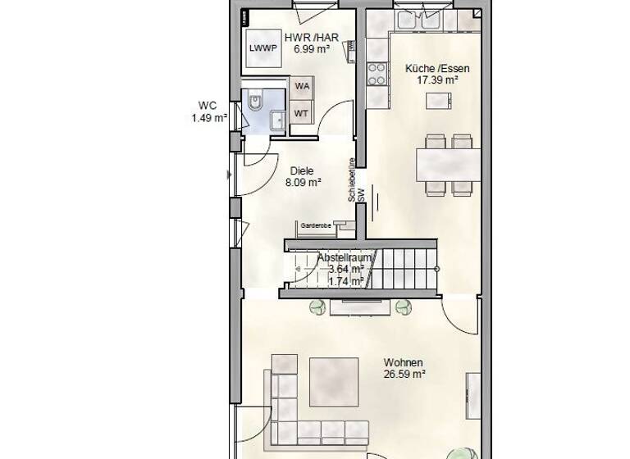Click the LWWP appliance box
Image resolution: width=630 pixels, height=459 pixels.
263,48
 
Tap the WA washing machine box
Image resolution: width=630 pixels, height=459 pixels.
302,86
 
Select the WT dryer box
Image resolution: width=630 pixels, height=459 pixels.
302,113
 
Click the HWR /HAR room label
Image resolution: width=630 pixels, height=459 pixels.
311,38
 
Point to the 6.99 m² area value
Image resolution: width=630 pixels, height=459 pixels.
311,49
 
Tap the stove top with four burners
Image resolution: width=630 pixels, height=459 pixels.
377,74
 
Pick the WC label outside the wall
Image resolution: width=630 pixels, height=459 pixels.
207,105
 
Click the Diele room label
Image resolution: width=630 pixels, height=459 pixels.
302,171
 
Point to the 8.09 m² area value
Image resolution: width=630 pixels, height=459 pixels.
303,183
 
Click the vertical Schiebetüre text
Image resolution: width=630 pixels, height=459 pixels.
352,180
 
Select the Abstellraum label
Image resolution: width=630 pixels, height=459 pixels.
345,257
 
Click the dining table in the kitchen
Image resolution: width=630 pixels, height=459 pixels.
449,164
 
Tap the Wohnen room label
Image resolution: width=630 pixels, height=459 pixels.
404,362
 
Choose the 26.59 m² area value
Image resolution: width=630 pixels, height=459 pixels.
404,375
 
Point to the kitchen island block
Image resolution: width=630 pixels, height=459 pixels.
439,101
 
